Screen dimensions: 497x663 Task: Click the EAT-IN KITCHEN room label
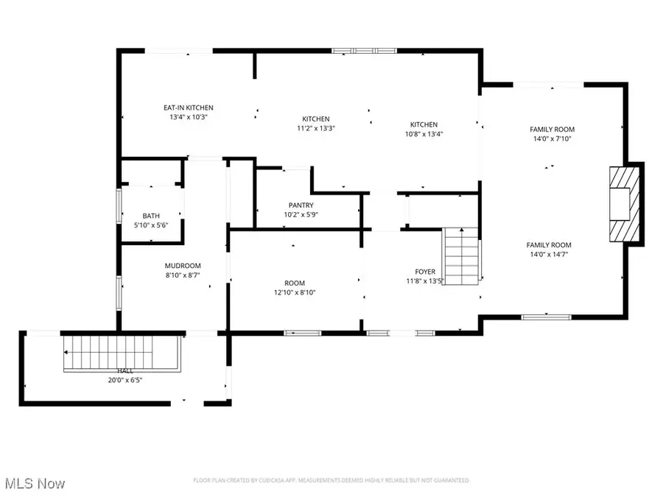tap(188, 108)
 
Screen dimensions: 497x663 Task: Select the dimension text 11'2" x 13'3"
tap(315, 128)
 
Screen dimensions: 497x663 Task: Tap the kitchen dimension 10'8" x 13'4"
tap(424, 134)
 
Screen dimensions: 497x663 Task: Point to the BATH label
tap(151, 216)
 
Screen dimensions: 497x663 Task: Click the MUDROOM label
tap(183, 266)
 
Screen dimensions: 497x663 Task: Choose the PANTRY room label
tap(301, 205)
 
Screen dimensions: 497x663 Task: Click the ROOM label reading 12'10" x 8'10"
tap(295, 283)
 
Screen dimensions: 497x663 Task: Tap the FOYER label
tap(425, 272)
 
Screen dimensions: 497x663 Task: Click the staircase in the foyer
tap(460, 257)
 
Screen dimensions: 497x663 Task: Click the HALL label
tap(124, 372)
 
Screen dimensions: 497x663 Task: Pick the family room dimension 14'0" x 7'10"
tap(552, 138)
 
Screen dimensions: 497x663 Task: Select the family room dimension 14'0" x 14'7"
tap(549, 254)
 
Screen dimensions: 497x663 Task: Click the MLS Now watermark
tap(35, 484)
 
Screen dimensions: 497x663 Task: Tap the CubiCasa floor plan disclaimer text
tap(331, 480)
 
